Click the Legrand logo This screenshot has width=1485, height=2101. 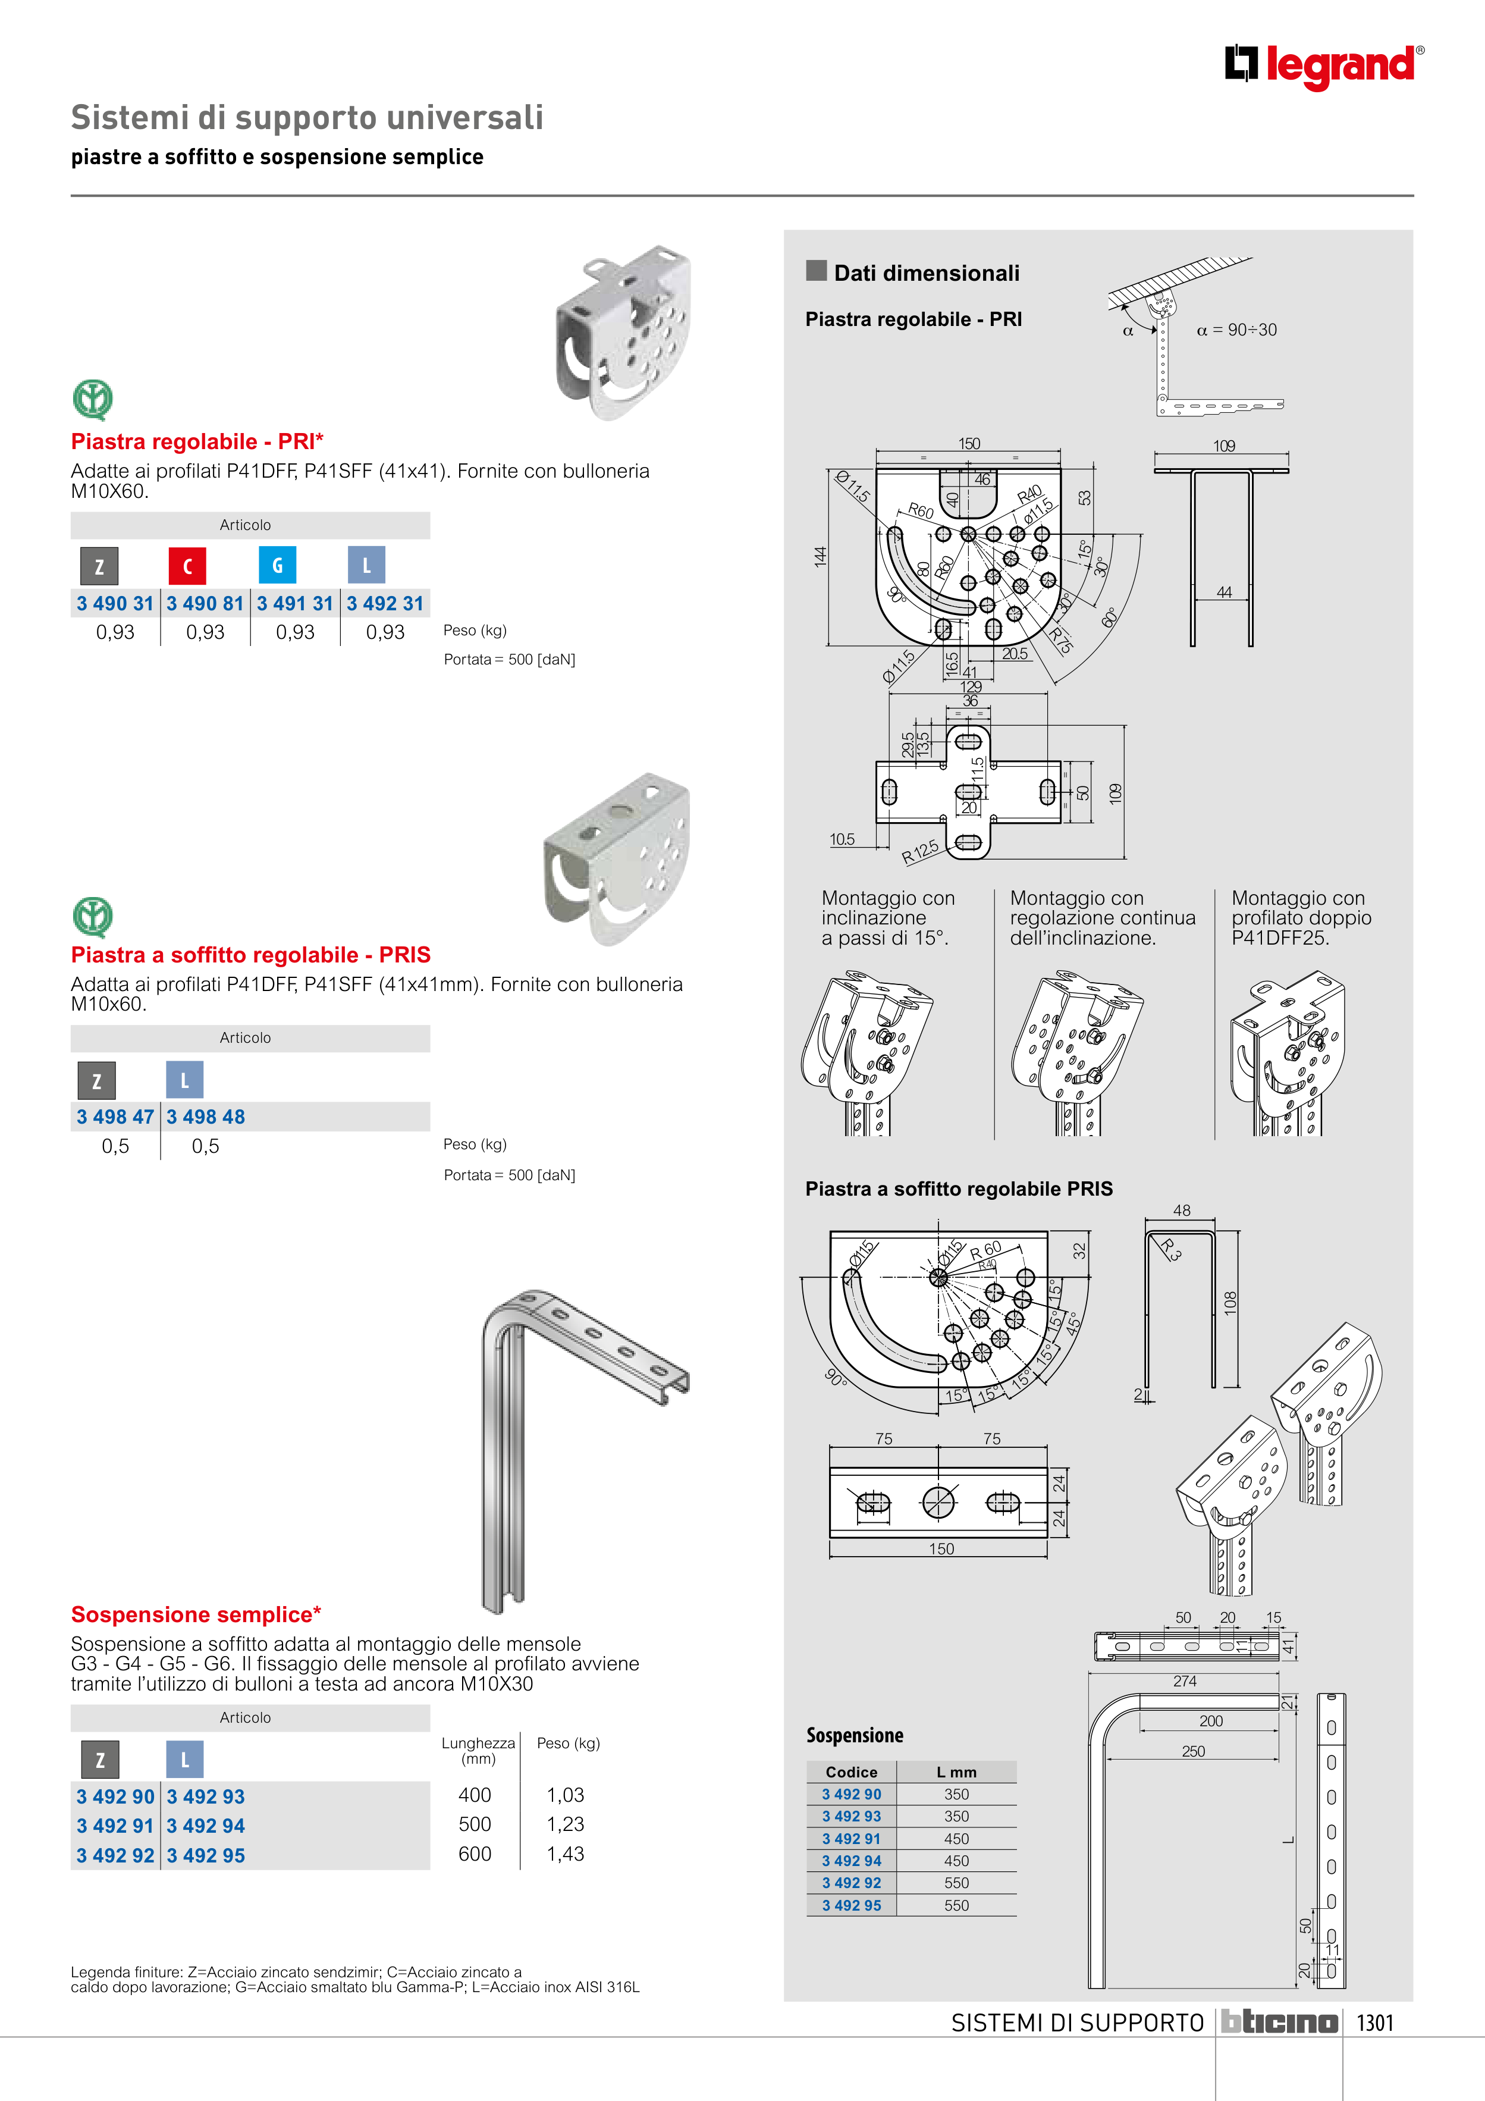coord(1324,66)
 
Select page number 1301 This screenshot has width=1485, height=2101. coord(1374,2022)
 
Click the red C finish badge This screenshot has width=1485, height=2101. coord(187,566)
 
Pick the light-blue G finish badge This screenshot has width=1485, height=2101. coord(277,566)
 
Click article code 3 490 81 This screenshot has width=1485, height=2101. coord(205,604)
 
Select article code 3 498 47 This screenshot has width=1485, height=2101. coord(115,1117)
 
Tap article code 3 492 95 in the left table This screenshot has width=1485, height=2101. coord(206,1855)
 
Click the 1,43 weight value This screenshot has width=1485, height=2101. coord(566,1854)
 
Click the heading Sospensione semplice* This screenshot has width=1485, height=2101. coord(196,1614)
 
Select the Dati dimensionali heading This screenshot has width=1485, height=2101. coord(926,272)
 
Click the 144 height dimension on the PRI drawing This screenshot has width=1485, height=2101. coord(820,556)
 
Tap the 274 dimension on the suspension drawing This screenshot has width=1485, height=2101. coord(1185,1681)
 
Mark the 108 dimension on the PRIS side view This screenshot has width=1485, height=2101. coord(1230,1302)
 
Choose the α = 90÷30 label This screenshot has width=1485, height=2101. coord(1236,330)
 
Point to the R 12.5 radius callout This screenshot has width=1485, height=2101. coord(921,852)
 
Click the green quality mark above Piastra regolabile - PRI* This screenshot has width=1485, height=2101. coord(92,400)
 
